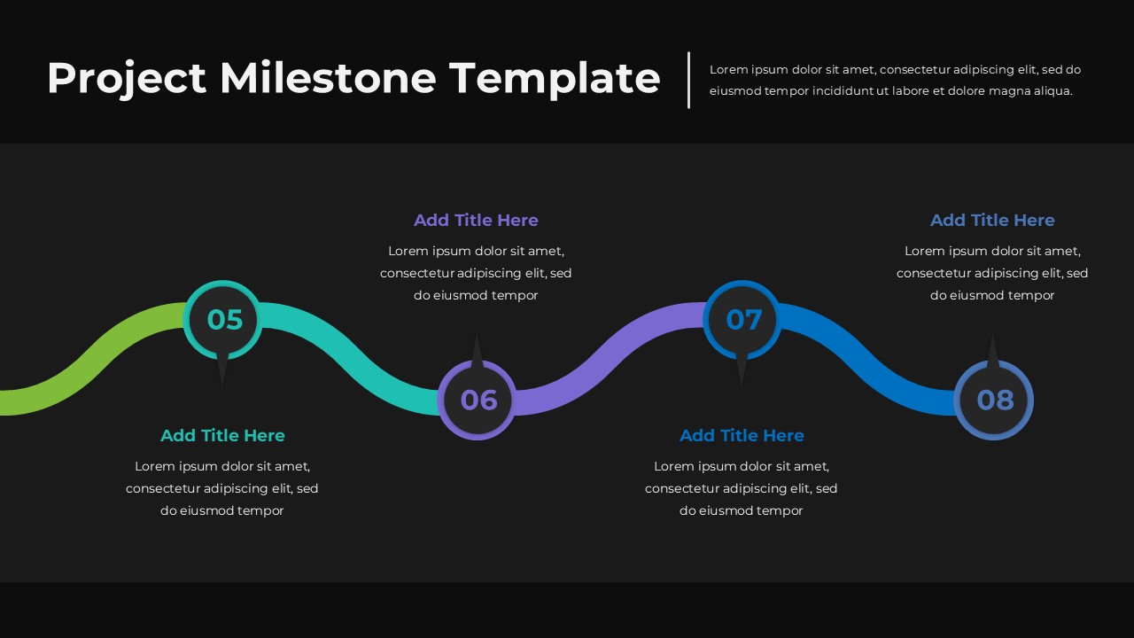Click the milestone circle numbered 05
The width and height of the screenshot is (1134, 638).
point(222,319)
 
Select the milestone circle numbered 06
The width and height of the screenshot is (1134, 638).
point(477,400)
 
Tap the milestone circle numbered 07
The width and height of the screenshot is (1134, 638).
point(742,319)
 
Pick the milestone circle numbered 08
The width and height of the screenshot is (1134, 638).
point(993,400)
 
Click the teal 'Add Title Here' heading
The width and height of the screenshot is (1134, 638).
point(222,435)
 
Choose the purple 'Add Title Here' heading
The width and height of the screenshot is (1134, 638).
point(476,220)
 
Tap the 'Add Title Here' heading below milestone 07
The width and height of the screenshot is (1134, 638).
point(742,435)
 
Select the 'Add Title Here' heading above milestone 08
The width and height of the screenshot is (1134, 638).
point(992,220)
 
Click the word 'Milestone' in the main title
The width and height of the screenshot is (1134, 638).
point(328,78)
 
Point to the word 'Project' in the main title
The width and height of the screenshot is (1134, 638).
point(127,78)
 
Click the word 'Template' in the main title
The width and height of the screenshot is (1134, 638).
point(555,78)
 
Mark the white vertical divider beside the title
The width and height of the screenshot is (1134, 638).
point(688,80)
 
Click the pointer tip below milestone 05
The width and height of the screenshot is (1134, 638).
point(221,381)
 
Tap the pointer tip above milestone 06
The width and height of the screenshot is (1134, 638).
point(477,338)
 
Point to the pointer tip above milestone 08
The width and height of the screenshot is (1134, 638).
point(992,338)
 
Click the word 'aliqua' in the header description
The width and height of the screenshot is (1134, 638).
point(1050,90)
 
